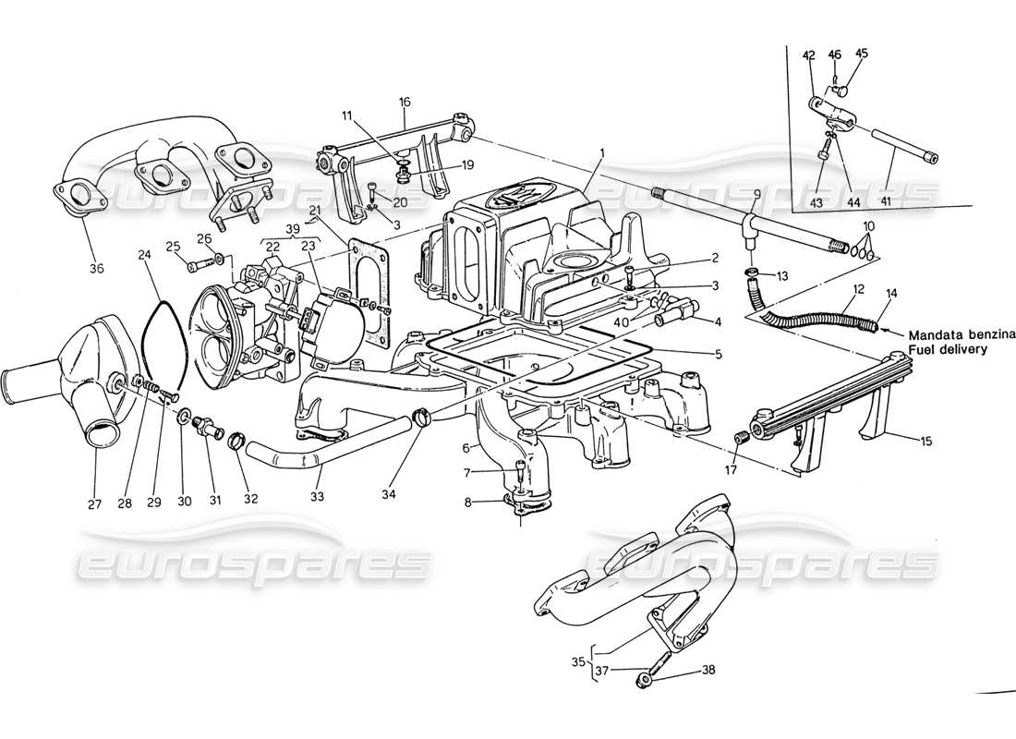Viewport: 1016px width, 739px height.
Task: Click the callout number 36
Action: click(97, 269)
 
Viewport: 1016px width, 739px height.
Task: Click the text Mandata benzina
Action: click(961, 335)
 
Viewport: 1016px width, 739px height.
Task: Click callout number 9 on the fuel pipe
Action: click(756, 195)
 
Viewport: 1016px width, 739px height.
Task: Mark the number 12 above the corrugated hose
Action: click(857, 290)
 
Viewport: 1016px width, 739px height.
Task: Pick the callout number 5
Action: click(719, 355)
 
